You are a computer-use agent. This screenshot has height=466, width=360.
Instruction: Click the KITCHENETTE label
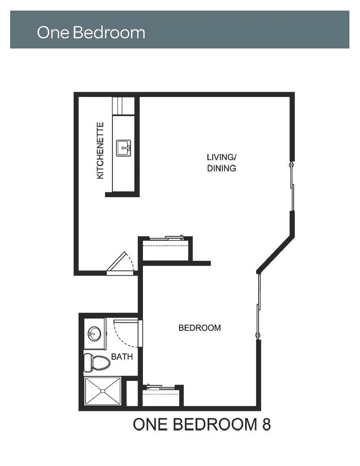tap(101, 151)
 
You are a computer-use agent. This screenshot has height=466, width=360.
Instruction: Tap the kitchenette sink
tap(123, 148)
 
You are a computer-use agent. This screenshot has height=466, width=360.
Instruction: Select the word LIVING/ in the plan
tap(222, 157)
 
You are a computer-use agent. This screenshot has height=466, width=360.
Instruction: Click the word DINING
tap(222, 168)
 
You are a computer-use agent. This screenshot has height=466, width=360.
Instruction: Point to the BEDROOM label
tap(200, 328)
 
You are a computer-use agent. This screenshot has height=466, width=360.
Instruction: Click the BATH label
tap(122, 357)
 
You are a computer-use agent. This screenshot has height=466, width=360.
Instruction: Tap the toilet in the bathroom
tap(97, 363)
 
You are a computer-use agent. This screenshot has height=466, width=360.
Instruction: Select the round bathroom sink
tap(94, 334)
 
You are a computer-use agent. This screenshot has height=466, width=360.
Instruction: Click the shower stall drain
tap(103, 391)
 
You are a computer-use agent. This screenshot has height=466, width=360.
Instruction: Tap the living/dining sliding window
tap(292, 187)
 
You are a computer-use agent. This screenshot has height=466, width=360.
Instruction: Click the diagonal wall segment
tap(275, 254)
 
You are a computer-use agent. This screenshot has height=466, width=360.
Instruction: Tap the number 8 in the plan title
tap(266, 424)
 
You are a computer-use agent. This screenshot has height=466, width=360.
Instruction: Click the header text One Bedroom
tap(91, 32)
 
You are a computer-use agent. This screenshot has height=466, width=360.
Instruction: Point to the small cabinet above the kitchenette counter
tap(123, 106)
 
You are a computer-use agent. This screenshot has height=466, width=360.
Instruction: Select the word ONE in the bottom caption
tap(150, 424)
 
